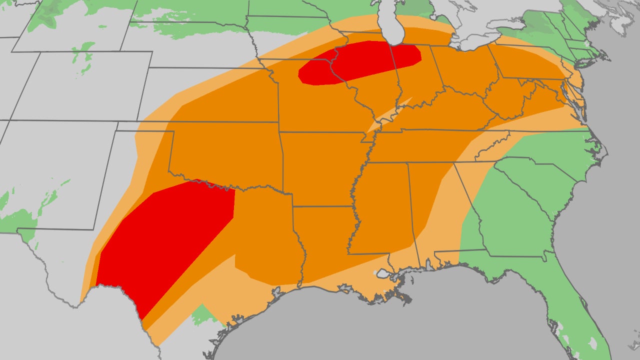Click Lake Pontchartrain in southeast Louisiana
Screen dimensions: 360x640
click(384, 274)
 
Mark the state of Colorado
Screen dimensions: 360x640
click(80, 85)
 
